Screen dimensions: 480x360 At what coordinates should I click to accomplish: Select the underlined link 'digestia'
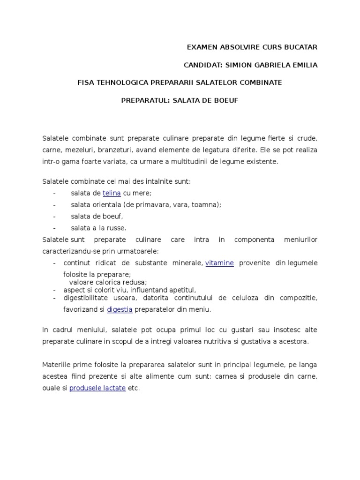click(x=120, y=309)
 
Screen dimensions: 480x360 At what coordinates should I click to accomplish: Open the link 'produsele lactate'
click(x=97, y=389)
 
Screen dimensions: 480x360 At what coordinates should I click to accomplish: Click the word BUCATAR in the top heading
click(x=300, y=47)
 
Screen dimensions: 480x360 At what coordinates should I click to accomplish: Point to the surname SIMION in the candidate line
click(x=236, y=65)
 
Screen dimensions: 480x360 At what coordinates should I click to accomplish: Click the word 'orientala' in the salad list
click(x=107, y=205)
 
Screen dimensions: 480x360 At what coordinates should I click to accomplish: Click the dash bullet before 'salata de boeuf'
click(x=55, y=217)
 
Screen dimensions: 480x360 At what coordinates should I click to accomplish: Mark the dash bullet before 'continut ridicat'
click(x=55, y=263)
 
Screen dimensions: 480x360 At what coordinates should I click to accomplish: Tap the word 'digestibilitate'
click(x=86, y=298)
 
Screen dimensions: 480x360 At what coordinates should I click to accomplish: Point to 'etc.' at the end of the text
click(x=134, y=389)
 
